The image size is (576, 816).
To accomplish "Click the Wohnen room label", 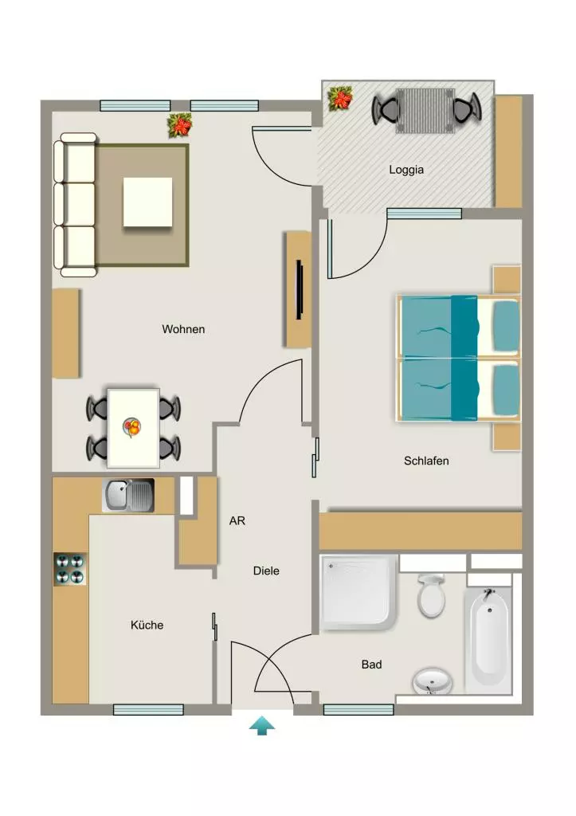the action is click(183, 329).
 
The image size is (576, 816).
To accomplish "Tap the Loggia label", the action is click(406, 171).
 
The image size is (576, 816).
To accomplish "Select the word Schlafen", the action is click(426, 461).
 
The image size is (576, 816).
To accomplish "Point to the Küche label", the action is click(147, 625).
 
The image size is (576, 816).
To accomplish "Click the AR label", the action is click(237, 521).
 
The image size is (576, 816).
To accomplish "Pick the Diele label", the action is click(266, 571).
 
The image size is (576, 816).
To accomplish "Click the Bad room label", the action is click(371, 665).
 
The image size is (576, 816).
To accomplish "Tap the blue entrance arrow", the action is click(262, 725).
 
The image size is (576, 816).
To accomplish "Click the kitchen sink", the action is click(128, 496).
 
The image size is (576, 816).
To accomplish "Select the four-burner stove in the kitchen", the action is click(70, 569).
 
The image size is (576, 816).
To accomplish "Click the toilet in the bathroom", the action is click(431, 596).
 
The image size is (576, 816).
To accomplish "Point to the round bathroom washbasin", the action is click(432, 681).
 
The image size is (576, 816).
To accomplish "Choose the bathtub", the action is click(489, 639).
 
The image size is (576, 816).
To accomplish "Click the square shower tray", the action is click(359, 592).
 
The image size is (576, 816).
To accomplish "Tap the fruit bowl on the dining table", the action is click(132, 428).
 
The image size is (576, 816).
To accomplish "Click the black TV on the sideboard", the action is click(300, 289).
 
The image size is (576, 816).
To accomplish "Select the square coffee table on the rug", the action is click(147, 202).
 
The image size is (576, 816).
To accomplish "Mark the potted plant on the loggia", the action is click(339, 98).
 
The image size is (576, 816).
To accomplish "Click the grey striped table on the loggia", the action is click(425, 111).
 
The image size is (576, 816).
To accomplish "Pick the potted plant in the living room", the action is click(179, 125).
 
